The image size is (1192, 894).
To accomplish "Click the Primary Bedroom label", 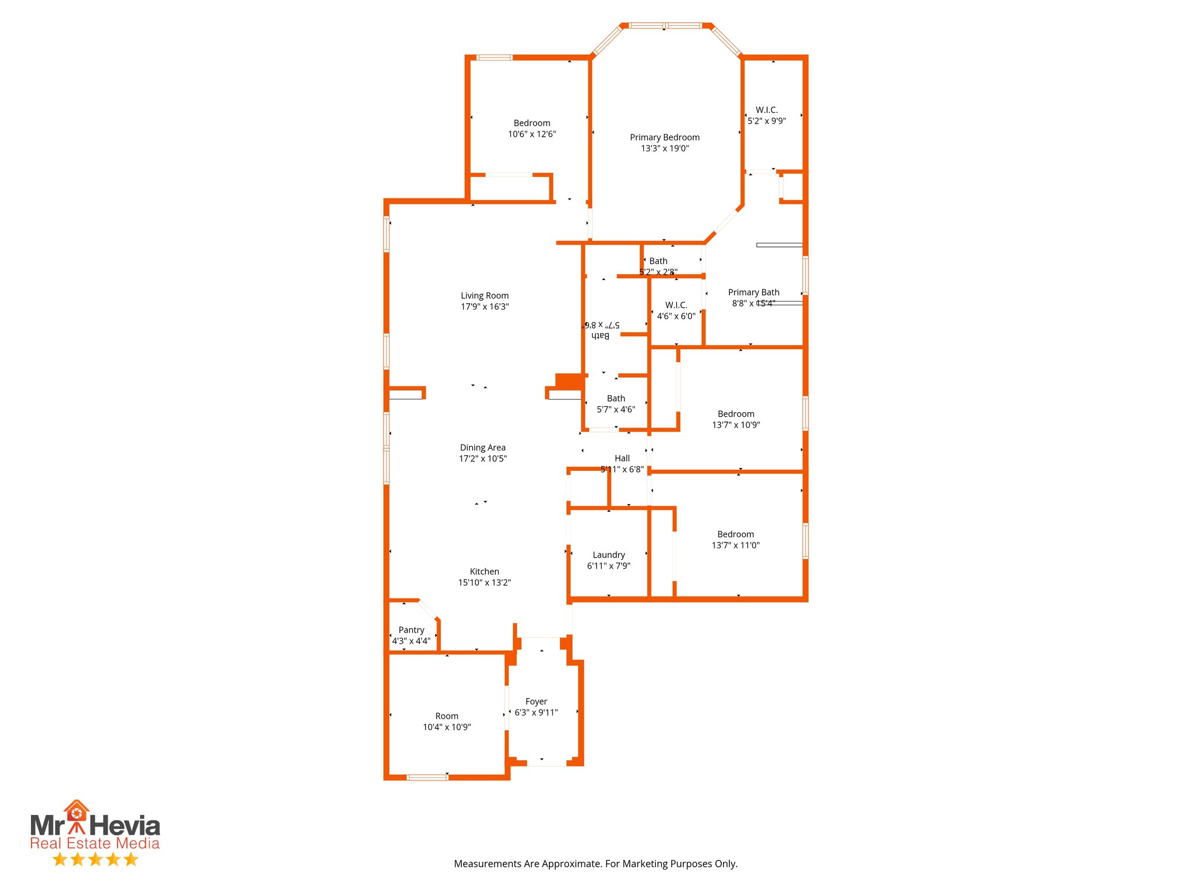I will tap(665, 137).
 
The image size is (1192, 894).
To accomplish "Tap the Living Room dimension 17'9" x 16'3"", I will tap(484, 307).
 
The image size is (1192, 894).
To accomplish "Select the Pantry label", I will tap(411, 630).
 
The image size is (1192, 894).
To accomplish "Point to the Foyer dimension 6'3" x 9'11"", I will tap(536, 712).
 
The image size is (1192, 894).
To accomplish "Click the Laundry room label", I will tap(608, 555).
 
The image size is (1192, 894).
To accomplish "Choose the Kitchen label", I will tap(484, 572).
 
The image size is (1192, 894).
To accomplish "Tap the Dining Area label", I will tap(483, 448).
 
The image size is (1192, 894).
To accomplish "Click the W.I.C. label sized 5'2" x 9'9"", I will tap(767, 110).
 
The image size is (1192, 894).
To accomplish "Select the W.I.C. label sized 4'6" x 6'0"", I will tap(676, 305).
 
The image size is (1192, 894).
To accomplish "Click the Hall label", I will tap(622, 458).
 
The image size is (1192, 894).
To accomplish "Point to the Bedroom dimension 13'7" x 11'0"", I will tap(735, 545).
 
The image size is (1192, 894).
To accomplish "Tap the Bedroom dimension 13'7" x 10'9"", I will tap(736, 425).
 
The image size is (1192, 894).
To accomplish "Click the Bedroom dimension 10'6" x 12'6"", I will tap(531, 134).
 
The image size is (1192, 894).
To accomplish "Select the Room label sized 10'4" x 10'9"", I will tap(446, 716).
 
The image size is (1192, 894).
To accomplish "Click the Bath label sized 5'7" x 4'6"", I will tap(616, 399).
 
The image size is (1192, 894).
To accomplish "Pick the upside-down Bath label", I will tap(601, 336).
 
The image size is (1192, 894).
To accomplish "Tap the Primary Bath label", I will tap(753, 292).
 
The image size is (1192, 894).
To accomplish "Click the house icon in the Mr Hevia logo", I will tap(76, 811).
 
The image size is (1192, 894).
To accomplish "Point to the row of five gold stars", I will tap(95, 859).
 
